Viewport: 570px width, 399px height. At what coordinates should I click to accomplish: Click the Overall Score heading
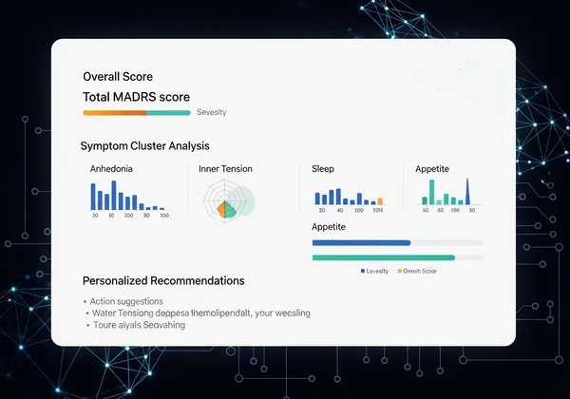pos(118,77)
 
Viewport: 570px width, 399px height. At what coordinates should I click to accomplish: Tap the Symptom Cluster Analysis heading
pos(145,145)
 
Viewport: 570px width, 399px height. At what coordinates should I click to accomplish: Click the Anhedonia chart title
pos(111,168)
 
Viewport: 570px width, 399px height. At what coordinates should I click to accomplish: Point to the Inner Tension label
pos(225,168)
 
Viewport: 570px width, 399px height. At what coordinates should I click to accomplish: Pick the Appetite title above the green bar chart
pos(432,168)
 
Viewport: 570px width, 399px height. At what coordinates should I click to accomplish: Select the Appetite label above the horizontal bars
pos(329,228)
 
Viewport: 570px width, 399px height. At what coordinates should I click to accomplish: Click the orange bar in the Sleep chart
pos(381,200)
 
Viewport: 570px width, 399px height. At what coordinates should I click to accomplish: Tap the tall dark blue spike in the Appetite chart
pos(467,193)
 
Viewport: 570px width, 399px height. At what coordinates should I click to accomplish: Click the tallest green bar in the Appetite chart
pos(433,193)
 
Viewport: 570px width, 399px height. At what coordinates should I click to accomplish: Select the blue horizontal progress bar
pos(362,243)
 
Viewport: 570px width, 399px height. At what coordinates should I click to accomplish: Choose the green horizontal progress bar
pos(384,257)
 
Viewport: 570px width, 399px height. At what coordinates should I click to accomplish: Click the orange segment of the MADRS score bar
pos(115,113)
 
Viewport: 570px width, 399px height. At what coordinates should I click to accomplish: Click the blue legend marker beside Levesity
pos(362,272)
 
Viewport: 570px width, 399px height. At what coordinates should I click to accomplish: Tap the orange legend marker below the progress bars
pos(400,272)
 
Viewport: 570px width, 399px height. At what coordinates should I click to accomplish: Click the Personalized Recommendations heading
pos(163,281)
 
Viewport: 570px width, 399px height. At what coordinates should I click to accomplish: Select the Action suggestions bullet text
pos(127,301)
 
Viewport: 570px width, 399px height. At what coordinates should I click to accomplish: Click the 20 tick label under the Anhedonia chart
pos(95,216)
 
